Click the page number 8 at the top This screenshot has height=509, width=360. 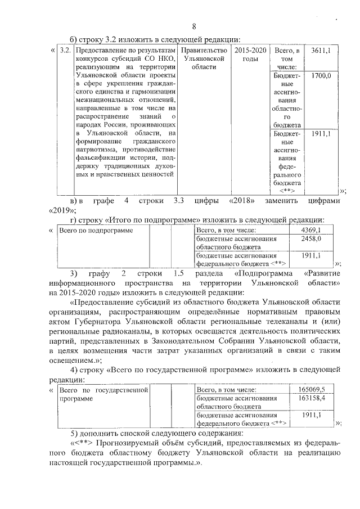(x=194, y=26)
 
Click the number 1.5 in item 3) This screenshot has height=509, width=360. (x=179, y=273)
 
